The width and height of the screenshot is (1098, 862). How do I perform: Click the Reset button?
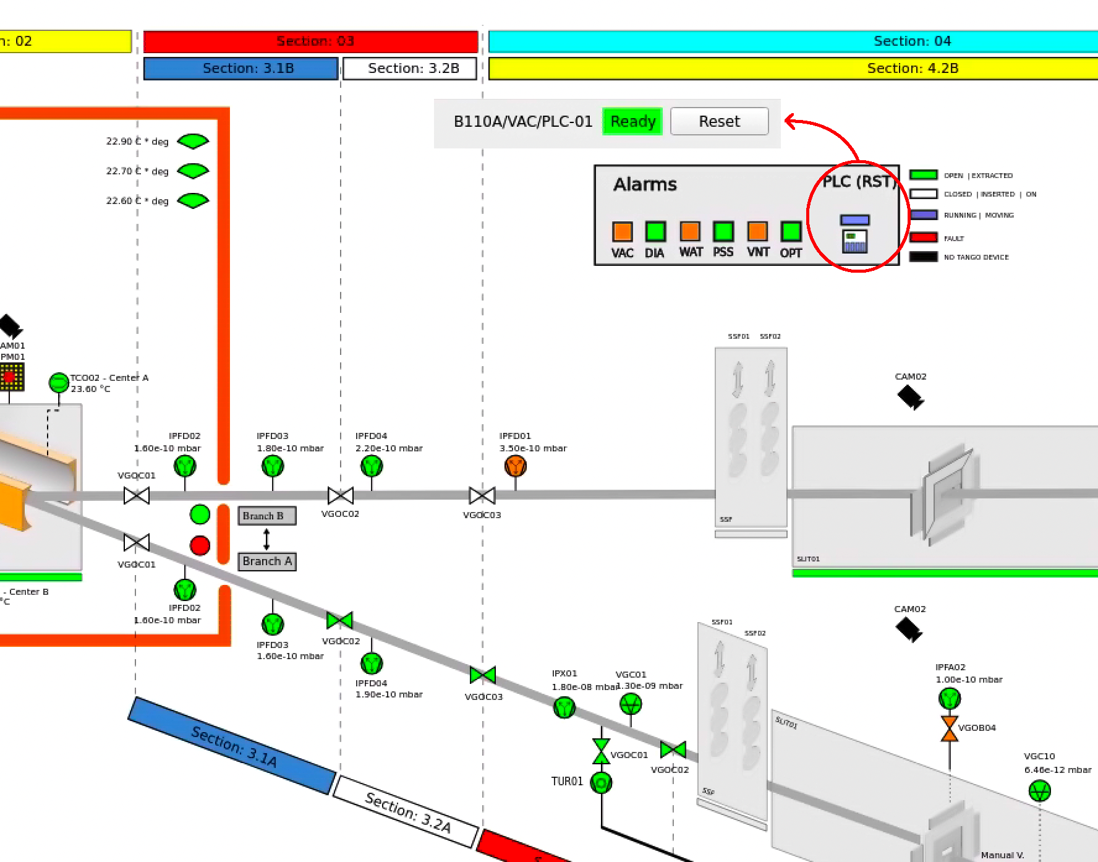[719, 121]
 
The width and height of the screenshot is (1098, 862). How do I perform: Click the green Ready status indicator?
[632, 121]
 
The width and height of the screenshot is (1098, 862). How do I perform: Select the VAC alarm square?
[622, 231]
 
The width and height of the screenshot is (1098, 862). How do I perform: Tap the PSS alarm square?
[723, 231]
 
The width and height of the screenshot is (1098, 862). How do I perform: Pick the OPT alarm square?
[790, 231]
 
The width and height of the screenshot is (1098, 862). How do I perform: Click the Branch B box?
[266, 516]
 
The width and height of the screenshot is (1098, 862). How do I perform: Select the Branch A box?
[266, 561]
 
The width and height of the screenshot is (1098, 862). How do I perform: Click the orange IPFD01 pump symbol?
[515, 466]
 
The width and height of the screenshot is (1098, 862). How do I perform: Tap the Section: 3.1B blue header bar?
[240, 69]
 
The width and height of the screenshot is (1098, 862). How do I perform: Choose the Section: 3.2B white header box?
[409, 69]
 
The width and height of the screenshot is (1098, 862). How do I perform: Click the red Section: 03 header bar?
[310, 41]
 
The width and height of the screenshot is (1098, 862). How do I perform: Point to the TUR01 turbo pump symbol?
[601, 783]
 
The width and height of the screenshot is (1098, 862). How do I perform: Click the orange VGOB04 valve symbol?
[949, 728]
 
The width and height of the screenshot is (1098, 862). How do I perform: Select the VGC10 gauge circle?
[1039, 790]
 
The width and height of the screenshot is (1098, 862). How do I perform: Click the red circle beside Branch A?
[200, 545]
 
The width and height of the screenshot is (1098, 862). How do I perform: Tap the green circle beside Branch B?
[200, 514]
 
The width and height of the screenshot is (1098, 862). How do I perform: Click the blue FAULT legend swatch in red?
[923, 237]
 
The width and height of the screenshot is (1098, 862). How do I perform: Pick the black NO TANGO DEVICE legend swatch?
[923, 257]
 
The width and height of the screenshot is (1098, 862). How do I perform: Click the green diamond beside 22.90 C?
[193, 142]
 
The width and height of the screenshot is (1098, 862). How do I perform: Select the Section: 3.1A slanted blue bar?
[232, 745]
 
